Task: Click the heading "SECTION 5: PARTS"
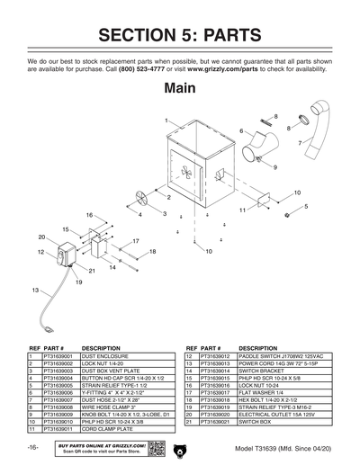click(180, 36)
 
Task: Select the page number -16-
click(32, 448)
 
